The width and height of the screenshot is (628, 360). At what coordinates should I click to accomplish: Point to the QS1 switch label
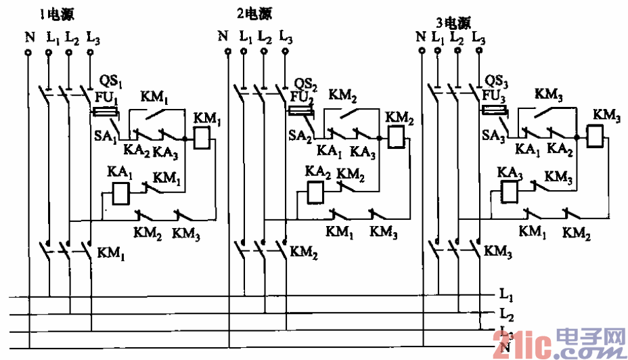(110, 84)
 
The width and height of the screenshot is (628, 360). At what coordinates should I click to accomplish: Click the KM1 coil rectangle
(204, 139)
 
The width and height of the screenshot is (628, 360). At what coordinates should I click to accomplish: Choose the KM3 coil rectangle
(594, 138)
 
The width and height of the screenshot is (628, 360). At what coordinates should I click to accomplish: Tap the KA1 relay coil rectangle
(120, 194)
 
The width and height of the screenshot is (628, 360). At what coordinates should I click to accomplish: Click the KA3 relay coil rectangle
(510, 193)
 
